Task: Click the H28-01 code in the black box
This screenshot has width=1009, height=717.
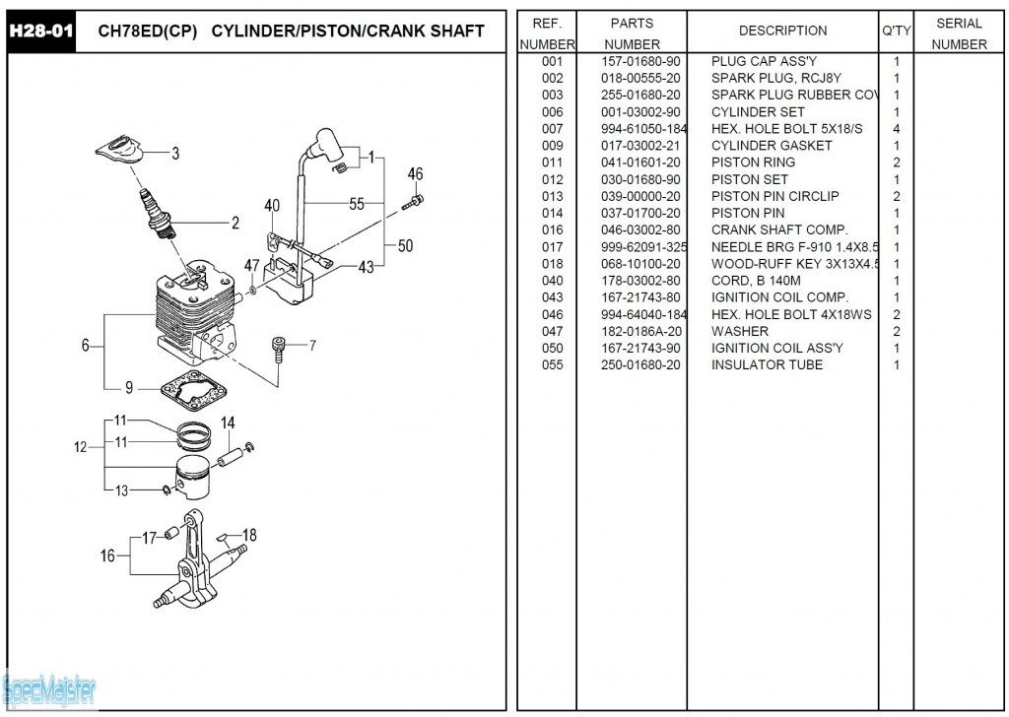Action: (x=40, y=31)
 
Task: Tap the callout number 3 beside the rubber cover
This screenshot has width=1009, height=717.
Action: (x=175, y=153)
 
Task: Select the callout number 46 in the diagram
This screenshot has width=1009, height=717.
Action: (x=415, y=174)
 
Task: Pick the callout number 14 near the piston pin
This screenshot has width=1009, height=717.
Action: (x=228, y=424)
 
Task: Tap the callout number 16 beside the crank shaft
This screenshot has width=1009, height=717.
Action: (x=107, y=555)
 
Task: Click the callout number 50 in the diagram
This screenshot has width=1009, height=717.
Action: (x=405, y=246)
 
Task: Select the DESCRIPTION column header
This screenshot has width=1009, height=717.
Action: (x=782, y=31)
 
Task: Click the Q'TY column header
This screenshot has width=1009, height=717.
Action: (x=896, y=31)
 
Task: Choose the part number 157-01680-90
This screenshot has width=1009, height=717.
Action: (x=640, y=61)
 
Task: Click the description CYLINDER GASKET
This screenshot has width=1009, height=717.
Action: (x=772, y=145)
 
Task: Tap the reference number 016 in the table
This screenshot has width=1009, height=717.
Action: (x=552, y=229)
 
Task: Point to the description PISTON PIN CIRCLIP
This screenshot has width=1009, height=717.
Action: (x=774, y=196)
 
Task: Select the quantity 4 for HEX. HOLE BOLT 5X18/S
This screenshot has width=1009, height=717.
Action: (x=896, y=128)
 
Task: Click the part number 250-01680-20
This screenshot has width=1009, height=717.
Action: (x=640, y=364)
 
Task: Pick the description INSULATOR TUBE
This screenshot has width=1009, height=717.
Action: (x=767, y=364)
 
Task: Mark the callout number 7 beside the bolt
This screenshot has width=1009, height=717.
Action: (x=312, y=345)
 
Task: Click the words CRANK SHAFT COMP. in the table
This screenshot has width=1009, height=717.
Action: (x=778, y=229)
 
